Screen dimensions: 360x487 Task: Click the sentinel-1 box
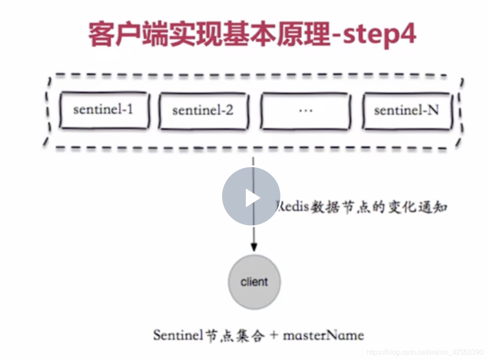pyautogui.click(x=104, y=110)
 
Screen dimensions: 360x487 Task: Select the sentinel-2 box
pyautogui.click(x=203, y=111)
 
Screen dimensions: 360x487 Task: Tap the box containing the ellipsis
pyautogui.click(x=305, y=110)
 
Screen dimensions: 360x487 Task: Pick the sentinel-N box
pyautogui.click(x=406, y=110)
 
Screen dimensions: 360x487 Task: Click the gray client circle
pyautogui.click(x=254, y=282)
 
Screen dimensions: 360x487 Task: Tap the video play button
pyautogui.click(x=251, y=197)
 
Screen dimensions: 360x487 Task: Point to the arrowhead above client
pyautogui.click(x=254, y=247)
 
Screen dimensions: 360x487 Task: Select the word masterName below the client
pyautogui.click(x=324, y=335)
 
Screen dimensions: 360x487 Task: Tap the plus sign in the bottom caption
pyautogui.click(x=273, y=335)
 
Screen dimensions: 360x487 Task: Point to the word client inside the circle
pyautogui.click(x=254, y=282)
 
